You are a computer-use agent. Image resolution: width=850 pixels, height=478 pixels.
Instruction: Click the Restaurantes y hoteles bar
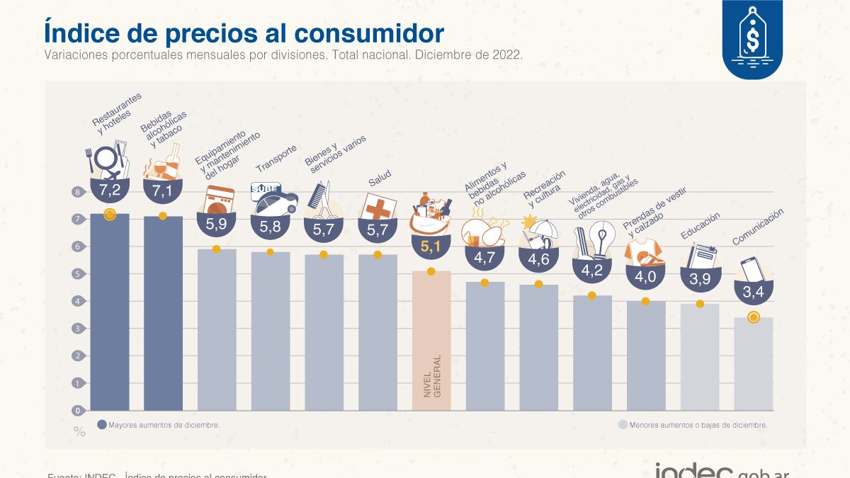tap(110, 312)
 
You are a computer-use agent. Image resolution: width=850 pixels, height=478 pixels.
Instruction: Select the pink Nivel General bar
tap(431, 340)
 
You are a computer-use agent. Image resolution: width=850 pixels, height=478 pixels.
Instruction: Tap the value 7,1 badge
tap(163, 190)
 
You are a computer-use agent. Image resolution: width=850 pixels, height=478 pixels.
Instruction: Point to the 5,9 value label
tap(217, 224)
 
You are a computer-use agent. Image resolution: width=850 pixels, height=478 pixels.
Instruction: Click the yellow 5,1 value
tap(431, 247)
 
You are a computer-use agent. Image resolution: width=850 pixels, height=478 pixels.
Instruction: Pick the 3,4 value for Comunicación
tap(754, 291)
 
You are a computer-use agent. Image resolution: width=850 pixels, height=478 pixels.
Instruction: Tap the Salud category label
tap(379, 179)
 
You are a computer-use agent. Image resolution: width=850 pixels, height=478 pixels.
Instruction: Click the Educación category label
tap(701, 226)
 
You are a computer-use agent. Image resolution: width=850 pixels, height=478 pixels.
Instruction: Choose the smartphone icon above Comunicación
tap(752, 269)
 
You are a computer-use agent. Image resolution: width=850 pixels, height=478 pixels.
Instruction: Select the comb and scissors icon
tap(323, 200)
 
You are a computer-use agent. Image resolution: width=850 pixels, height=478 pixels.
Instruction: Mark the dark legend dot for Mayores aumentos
tap(101, 425)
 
